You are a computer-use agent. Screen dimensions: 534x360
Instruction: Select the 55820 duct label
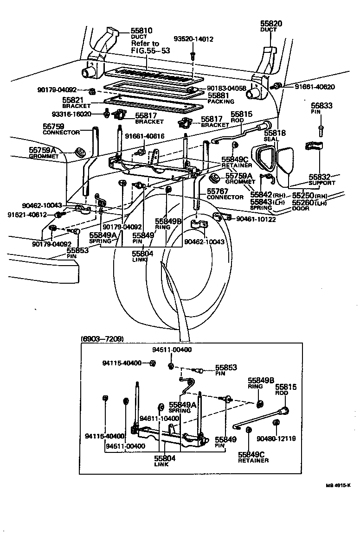point(271,23)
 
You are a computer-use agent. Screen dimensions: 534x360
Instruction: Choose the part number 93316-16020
point(82,114)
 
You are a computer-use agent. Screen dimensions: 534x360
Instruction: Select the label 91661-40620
point(310,87)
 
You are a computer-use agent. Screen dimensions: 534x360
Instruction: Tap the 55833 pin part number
point(321,106)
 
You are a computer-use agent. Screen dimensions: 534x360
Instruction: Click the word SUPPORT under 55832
point(321,183)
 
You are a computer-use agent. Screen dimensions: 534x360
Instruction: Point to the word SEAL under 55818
point(270,139)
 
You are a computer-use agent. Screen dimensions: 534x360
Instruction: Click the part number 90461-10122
point(256,219)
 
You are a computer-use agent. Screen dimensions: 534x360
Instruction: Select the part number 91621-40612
point(27,215)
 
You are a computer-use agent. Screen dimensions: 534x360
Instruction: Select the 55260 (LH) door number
point(303,203)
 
